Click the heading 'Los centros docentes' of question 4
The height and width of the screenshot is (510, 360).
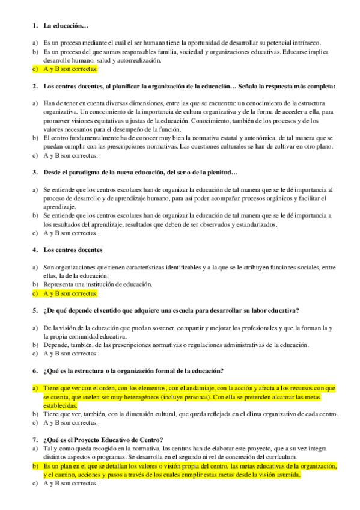coord(73,250)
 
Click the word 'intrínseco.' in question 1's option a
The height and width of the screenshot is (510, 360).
coord(306,43)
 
